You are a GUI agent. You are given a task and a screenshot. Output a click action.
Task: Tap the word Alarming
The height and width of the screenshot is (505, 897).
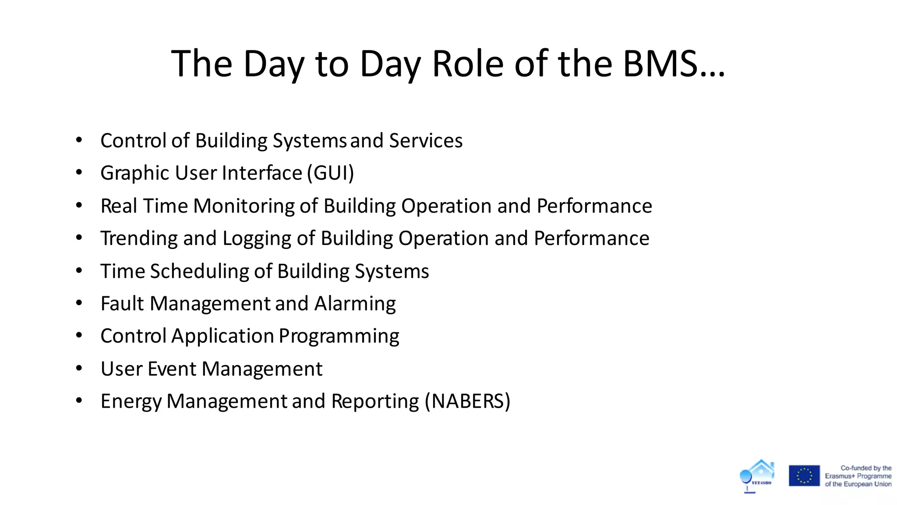[x=355, y=304]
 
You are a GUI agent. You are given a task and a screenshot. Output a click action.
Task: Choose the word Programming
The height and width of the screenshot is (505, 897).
[x=339, y=337]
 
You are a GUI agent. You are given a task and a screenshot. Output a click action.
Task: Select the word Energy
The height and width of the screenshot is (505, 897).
[x=131, y=402]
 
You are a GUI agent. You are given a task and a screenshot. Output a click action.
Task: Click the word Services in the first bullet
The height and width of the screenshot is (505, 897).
[x=425, y=141]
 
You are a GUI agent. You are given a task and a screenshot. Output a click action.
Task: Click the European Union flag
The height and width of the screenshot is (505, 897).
[x=804, y=476]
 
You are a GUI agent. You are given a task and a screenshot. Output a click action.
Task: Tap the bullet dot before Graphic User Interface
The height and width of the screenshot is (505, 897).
[x=79, y=173]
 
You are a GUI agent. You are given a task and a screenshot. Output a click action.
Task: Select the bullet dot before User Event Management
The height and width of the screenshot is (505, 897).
[x=79, y=369]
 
